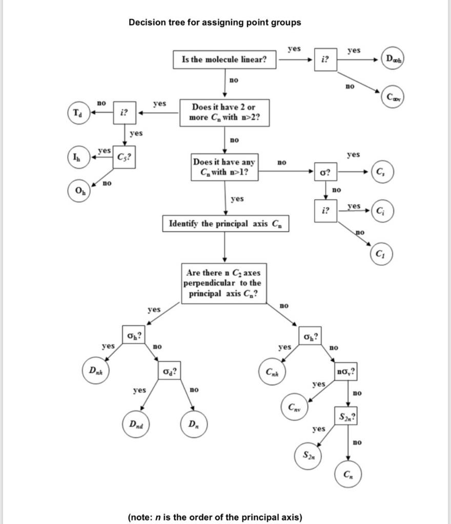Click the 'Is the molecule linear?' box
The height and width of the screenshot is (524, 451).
tap(224, 59)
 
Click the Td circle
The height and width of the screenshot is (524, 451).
tap(77, 113)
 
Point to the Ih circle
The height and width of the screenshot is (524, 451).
tap(77, 156)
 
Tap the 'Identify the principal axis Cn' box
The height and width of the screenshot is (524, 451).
tap(225, 224)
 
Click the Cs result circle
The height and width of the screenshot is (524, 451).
tap(382, 171)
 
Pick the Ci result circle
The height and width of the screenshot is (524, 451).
tap(382, 211)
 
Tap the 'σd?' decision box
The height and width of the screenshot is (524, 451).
tap(170, 370)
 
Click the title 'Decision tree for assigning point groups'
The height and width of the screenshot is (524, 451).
tap(215, 23)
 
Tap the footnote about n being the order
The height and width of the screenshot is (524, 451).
tap(215, 517)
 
